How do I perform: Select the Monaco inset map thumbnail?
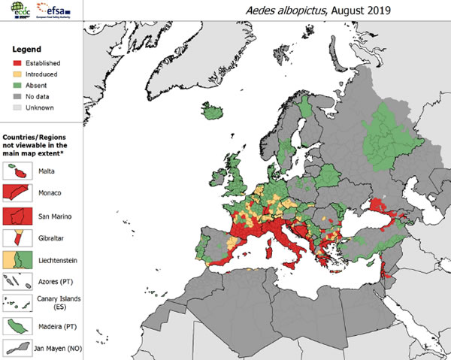[x=14, y=193]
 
